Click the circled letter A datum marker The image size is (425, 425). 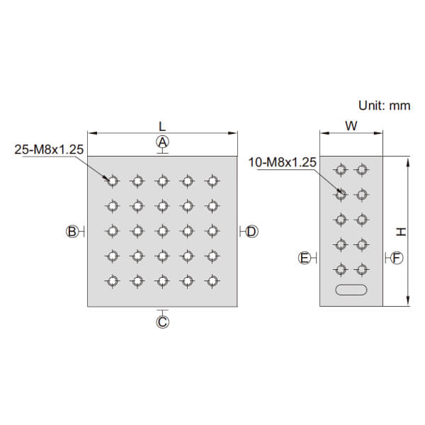[163, 142]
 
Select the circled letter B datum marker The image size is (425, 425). [72, 232]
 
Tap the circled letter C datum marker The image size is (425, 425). [163, 322]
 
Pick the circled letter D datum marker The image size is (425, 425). [251, 232]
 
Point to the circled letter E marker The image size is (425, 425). [305, 258]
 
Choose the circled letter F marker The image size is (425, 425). [397, 258]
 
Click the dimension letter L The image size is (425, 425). [161, 126]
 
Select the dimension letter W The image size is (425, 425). [351, 126]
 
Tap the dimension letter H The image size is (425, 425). [401, 232]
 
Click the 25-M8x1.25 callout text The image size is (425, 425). [49, 149]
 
